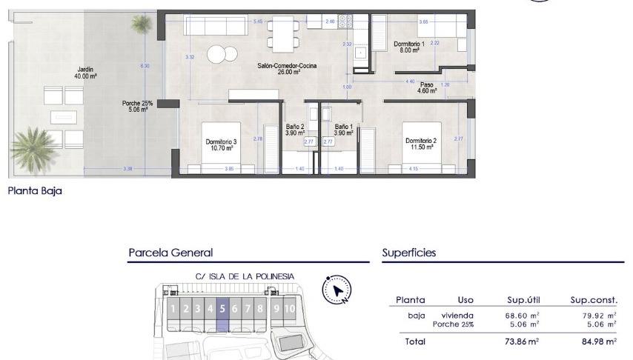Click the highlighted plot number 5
click(x=222, y=309)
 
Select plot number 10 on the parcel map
click(x=289, y=309)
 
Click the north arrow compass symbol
click(x=337, y=290)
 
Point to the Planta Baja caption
click(x=35, y=190)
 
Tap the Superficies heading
click(x=409, y=253)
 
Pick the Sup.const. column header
click(x=594, y=300)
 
